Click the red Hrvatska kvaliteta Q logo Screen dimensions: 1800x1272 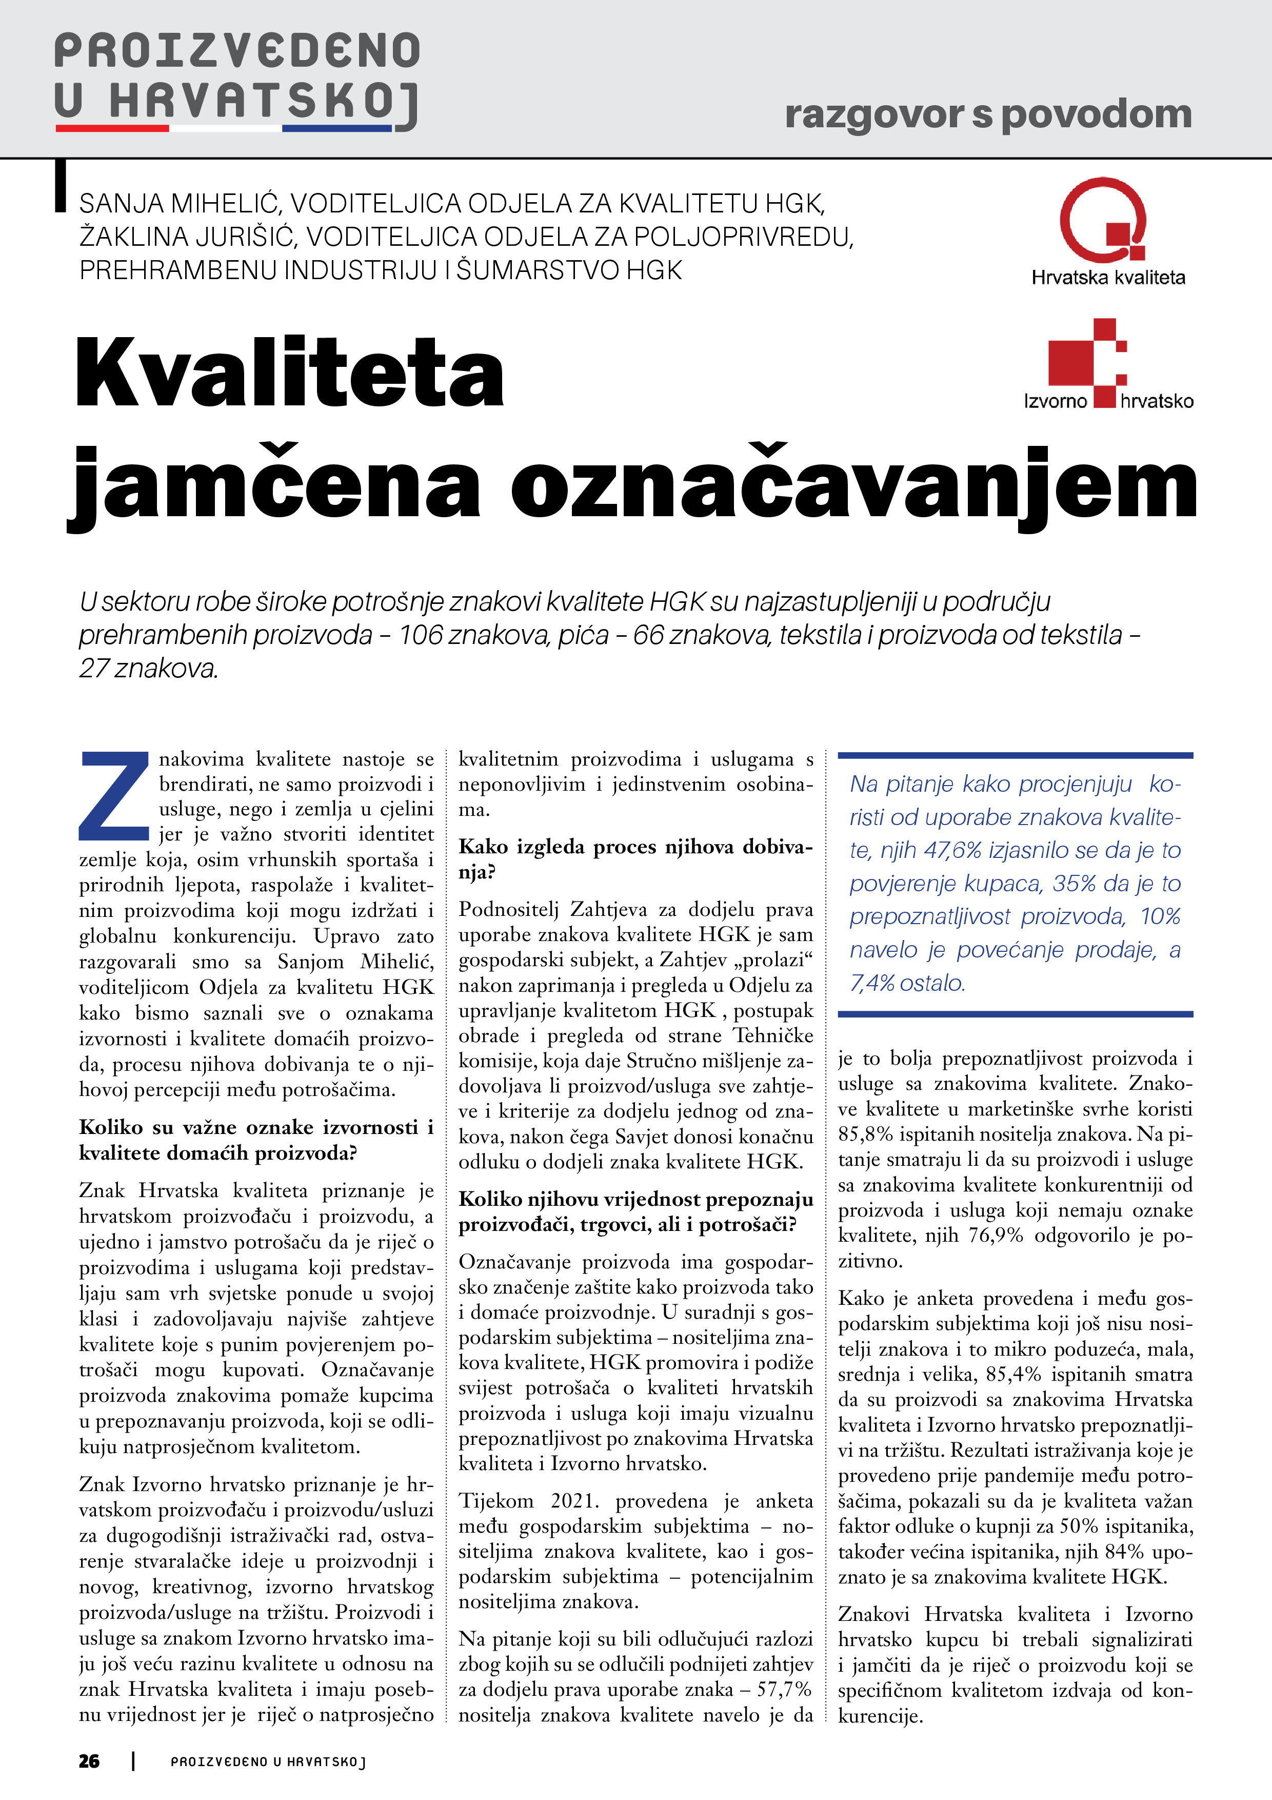point(1103,220)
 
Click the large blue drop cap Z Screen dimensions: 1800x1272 point(114,794)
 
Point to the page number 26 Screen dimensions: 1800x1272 point(89,1761)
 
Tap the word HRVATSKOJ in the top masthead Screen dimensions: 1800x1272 point(264,103)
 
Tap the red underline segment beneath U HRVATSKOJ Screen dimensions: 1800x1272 point(112,128)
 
